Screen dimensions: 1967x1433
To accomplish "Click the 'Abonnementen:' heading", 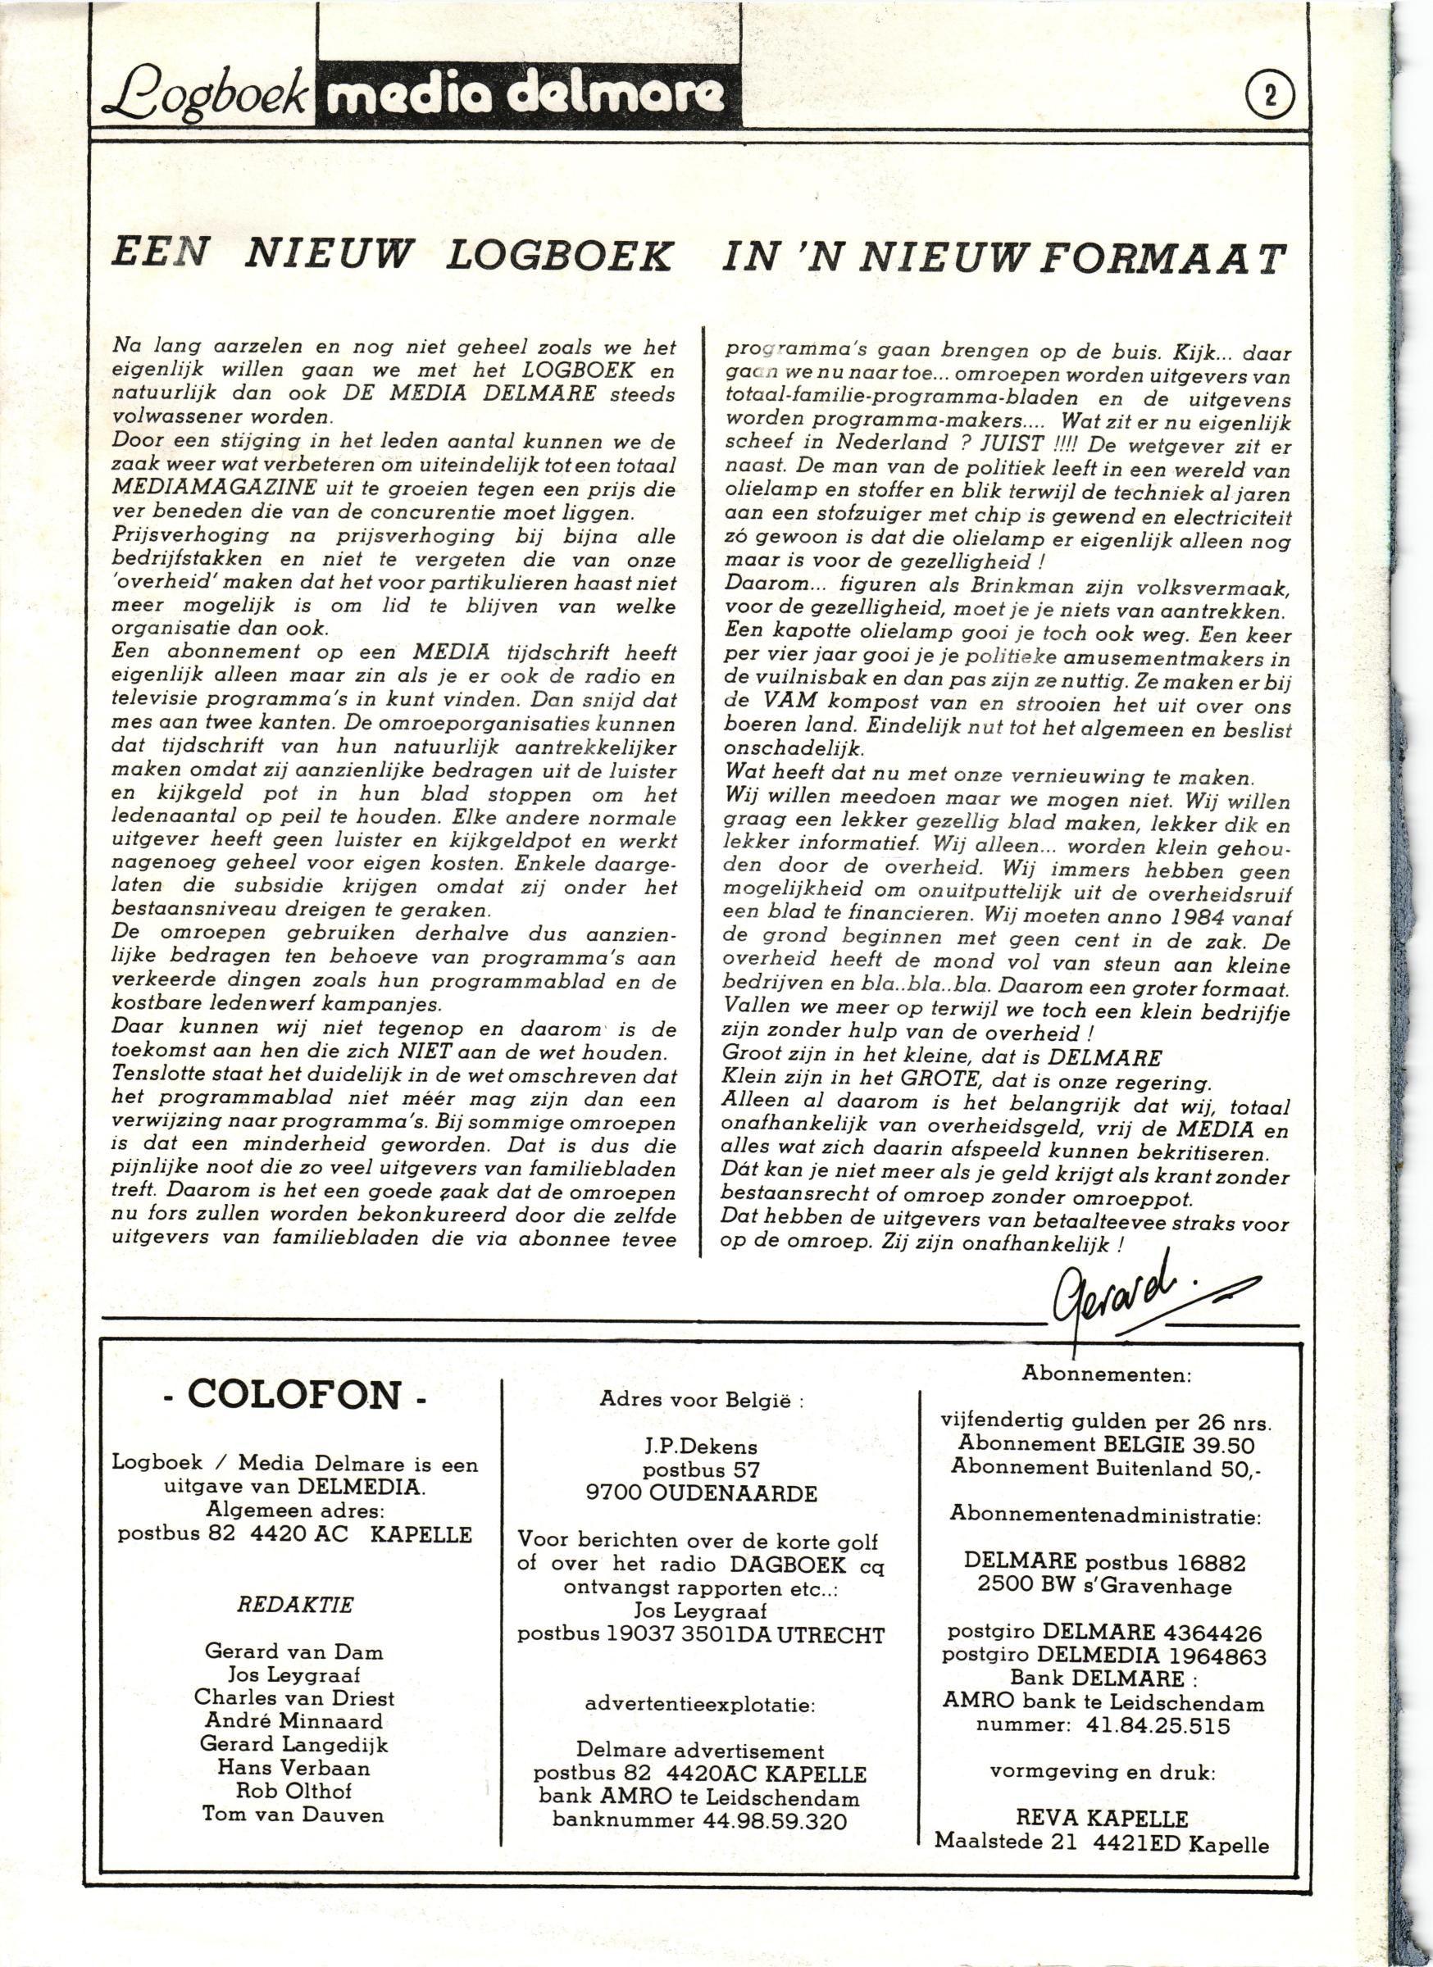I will point(1107,1374).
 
